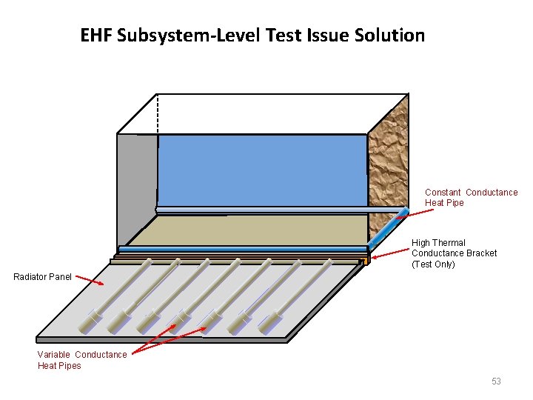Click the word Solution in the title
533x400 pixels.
point(394,36)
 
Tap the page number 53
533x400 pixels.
point(496,381)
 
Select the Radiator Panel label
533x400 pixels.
point(43,277)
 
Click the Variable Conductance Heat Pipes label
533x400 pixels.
point(81,360)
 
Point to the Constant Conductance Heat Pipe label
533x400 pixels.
point(471,198)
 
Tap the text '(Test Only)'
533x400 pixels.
point(433,264)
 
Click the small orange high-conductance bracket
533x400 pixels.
point(366,261)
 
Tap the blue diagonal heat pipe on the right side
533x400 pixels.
point(388,230)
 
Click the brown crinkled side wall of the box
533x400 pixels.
point(388,163)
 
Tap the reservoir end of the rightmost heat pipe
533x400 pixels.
point(269,321)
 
